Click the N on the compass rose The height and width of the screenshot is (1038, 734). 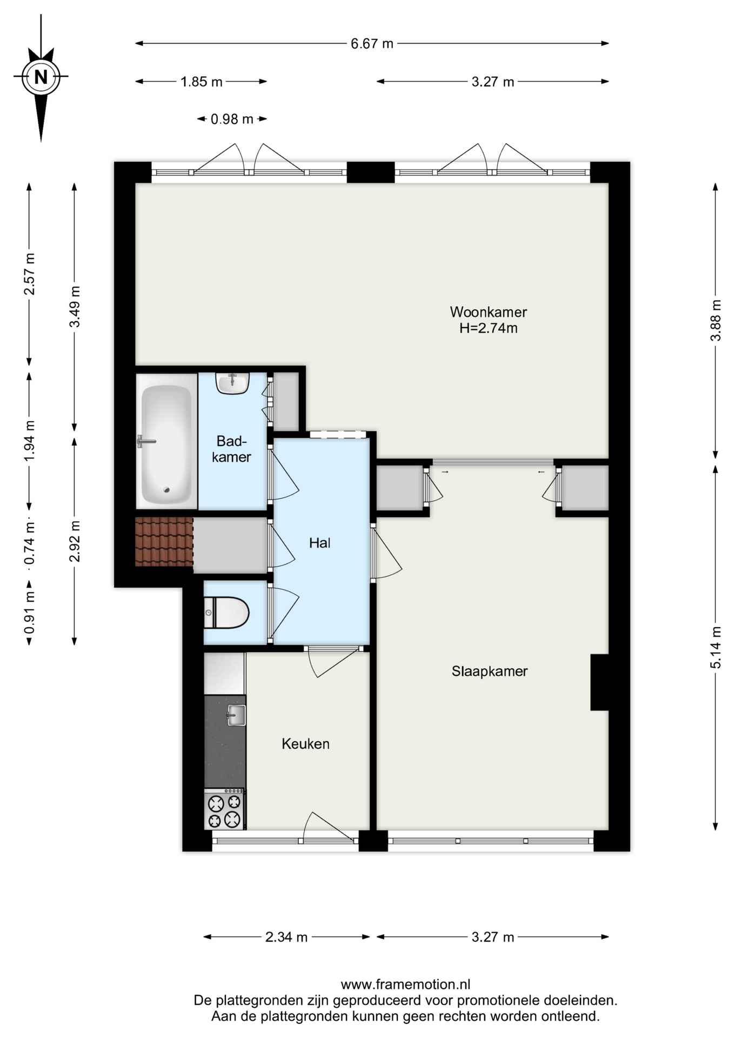pos(41,77)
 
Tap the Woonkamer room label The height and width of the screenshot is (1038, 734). pos(488,312)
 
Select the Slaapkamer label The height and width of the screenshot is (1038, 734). pos(490,671)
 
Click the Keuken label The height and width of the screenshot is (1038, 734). pos(305,744)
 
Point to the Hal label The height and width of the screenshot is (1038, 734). pos(319,543)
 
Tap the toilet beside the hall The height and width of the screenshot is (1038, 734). pos(226,613)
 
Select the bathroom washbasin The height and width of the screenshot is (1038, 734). pos(232,383)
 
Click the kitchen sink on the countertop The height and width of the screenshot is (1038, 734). pos(236,715)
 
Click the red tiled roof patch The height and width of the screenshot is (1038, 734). pos(164,542)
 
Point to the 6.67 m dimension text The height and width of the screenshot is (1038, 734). pos(372,44)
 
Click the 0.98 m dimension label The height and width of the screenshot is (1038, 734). pos(232,119)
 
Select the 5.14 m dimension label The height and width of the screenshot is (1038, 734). pos(716,648)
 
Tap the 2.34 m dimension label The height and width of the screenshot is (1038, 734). pos(286,937)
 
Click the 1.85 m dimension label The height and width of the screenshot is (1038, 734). pos(201,82)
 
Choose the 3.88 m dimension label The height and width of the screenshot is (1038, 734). pos(716,321)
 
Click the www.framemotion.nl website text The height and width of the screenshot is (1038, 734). pos(405,984)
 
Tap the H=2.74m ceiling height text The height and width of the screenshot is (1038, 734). pos(488,328)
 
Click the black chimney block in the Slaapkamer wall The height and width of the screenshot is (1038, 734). pos(599,682)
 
